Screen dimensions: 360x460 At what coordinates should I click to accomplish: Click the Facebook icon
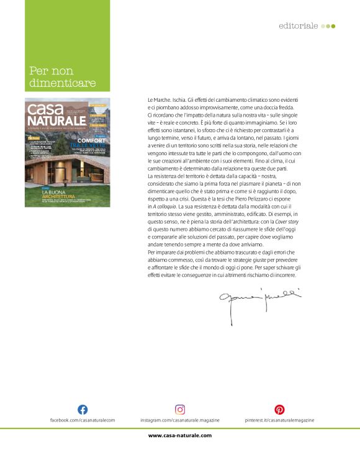point(82,409)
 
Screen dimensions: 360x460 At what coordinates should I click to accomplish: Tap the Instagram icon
point(180,409)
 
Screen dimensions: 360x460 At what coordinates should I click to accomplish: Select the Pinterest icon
point(279,409)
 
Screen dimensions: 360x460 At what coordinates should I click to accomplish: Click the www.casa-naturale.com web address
point(180,435)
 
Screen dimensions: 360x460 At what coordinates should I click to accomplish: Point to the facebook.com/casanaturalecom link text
point(83,420)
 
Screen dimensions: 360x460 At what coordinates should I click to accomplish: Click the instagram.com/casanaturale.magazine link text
point(180,420)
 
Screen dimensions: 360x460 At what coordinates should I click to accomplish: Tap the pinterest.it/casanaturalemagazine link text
point(279,420)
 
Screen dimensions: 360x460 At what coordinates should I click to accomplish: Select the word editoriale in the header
point(299,26)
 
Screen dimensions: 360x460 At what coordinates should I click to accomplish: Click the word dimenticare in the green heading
point(63,83)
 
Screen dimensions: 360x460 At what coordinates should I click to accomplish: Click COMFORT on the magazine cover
point(91,141)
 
